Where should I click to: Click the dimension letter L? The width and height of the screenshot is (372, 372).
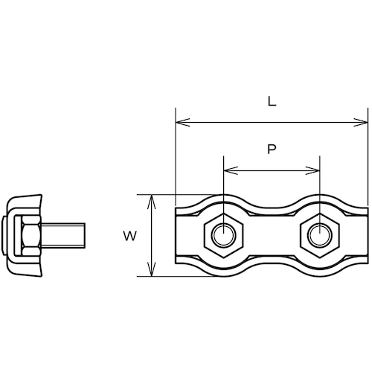click(x=272, y=101)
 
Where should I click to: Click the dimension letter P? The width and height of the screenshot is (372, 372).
click(x=272, y=149)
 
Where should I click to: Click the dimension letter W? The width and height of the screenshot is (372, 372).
click(x=129, y=236)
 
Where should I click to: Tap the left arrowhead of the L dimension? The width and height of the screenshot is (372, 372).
click(x=182, y=122)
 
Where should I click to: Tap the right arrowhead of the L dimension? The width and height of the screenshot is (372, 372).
click(x=361, y=122)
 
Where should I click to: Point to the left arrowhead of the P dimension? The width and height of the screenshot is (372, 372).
click(x=231, y=170)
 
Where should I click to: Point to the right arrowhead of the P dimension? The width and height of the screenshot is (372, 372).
click(x=312, y=170)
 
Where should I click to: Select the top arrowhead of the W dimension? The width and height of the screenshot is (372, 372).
click(x=152, y=202)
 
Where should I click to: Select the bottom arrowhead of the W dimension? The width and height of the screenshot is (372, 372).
click(x=152, y=269)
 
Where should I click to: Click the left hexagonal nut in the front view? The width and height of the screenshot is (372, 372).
click(x=223, y=235)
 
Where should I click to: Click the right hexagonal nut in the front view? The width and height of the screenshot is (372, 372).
click(x=320, y=235)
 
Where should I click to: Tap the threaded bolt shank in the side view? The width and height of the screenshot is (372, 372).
click(x=63, y=235)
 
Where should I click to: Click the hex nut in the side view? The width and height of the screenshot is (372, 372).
click(x=31, y=235)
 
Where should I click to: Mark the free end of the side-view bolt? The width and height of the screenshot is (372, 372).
click(x=85, y=235)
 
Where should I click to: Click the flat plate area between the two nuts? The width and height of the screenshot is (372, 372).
click(x=272, y=235)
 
